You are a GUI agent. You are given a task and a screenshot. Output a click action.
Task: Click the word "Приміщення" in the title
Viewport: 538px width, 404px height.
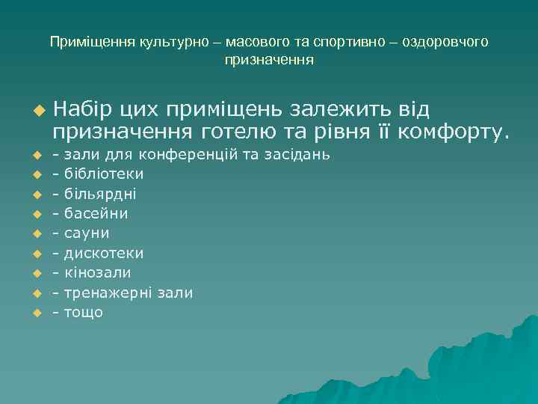click(90, 42)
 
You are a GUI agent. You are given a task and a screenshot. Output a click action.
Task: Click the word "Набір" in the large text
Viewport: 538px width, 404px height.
click(81, 109)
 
